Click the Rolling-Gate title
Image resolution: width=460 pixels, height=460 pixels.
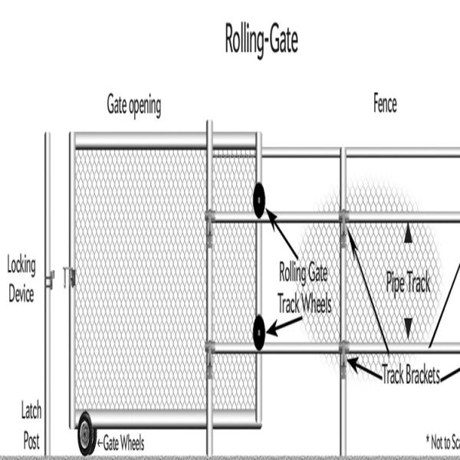261,41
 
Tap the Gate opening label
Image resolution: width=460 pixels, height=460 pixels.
133,106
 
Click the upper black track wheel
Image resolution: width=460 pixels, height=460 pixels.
259,201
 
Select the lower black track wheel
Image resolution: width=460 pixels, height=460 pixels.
259,332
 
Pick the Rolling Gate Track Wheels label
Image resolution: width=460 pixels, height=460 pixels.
305,288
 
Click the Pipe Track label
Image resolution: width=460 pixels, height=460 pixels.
408,284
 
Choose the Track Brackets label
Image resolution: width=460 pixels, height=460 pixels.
411,375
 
